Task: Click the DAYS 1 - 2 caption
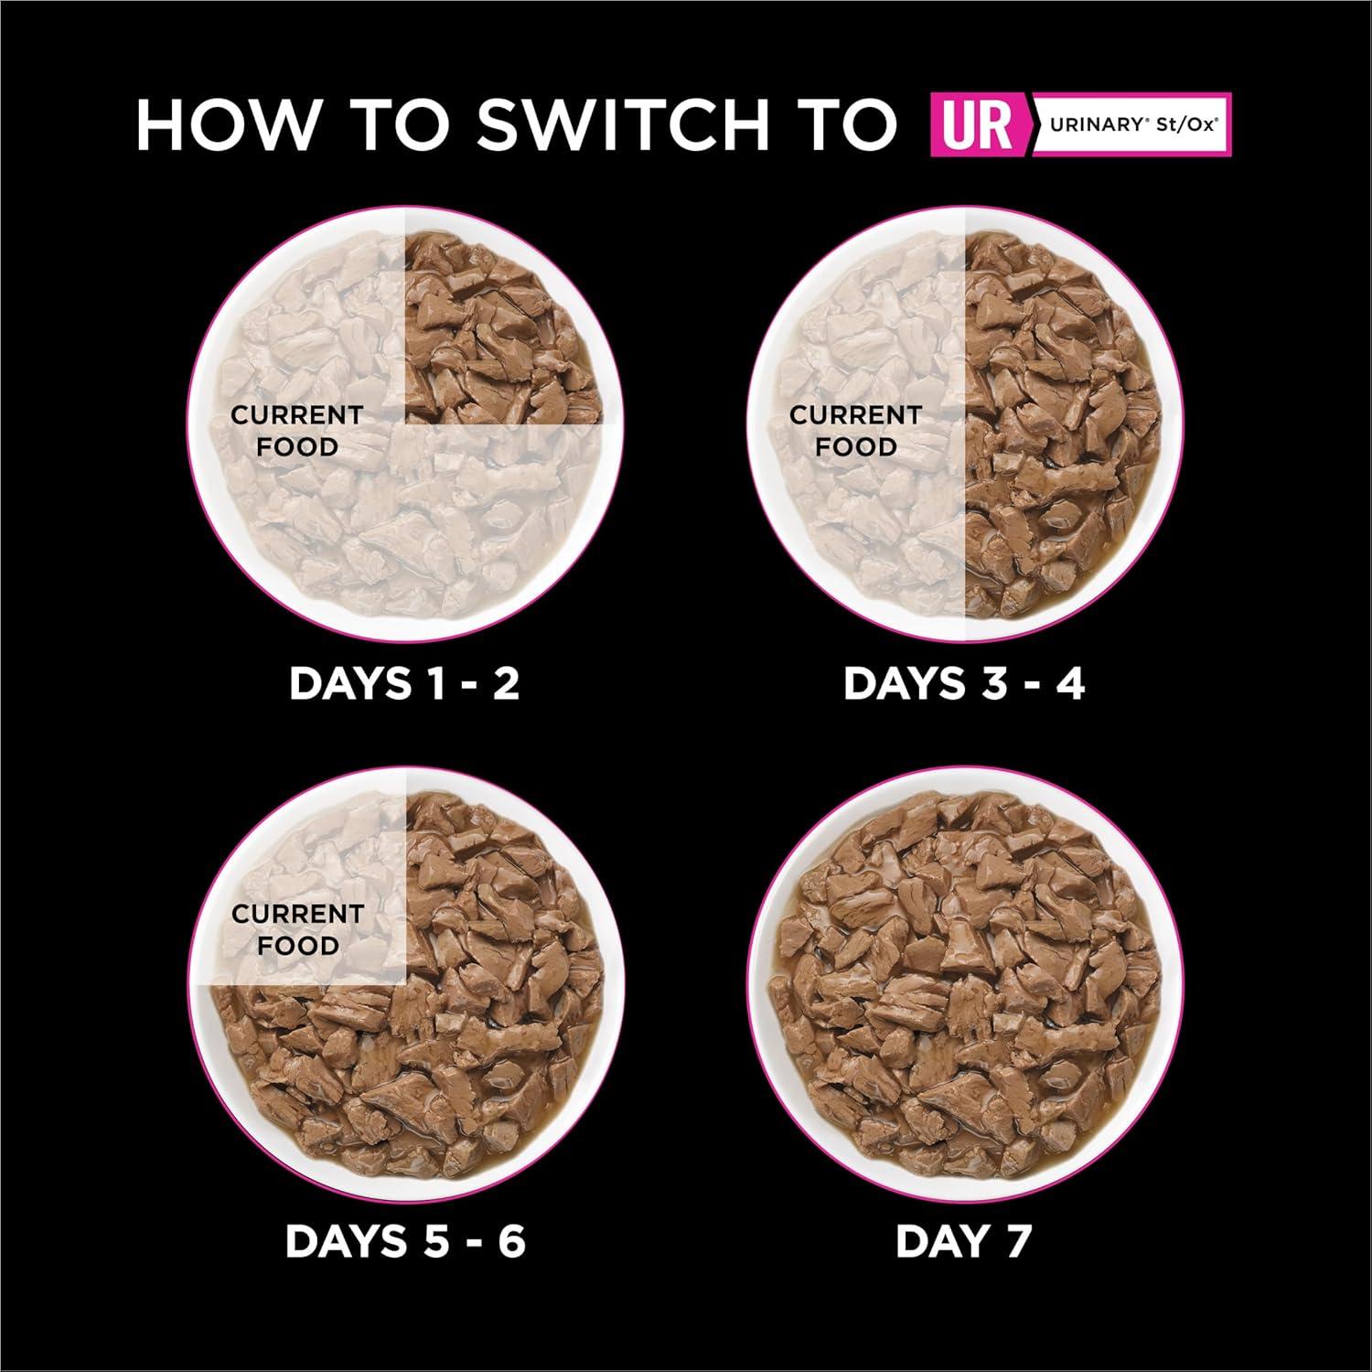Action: click(403, 683)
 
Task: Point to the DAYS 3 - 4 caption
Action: click(963, 683)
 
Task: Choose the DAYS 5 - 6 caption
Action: click(405, 1241)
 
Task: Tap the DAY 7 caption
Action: click(963, 1241)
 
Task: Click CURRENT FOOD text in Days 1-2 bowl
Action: click(296, 431)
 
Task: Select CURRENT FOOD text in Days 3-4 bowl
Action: click(855, 431)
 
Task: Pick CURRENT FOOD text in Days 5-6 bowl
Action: click(297, 929)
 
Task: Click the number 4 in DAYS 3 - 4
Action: click(1067, 683)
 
